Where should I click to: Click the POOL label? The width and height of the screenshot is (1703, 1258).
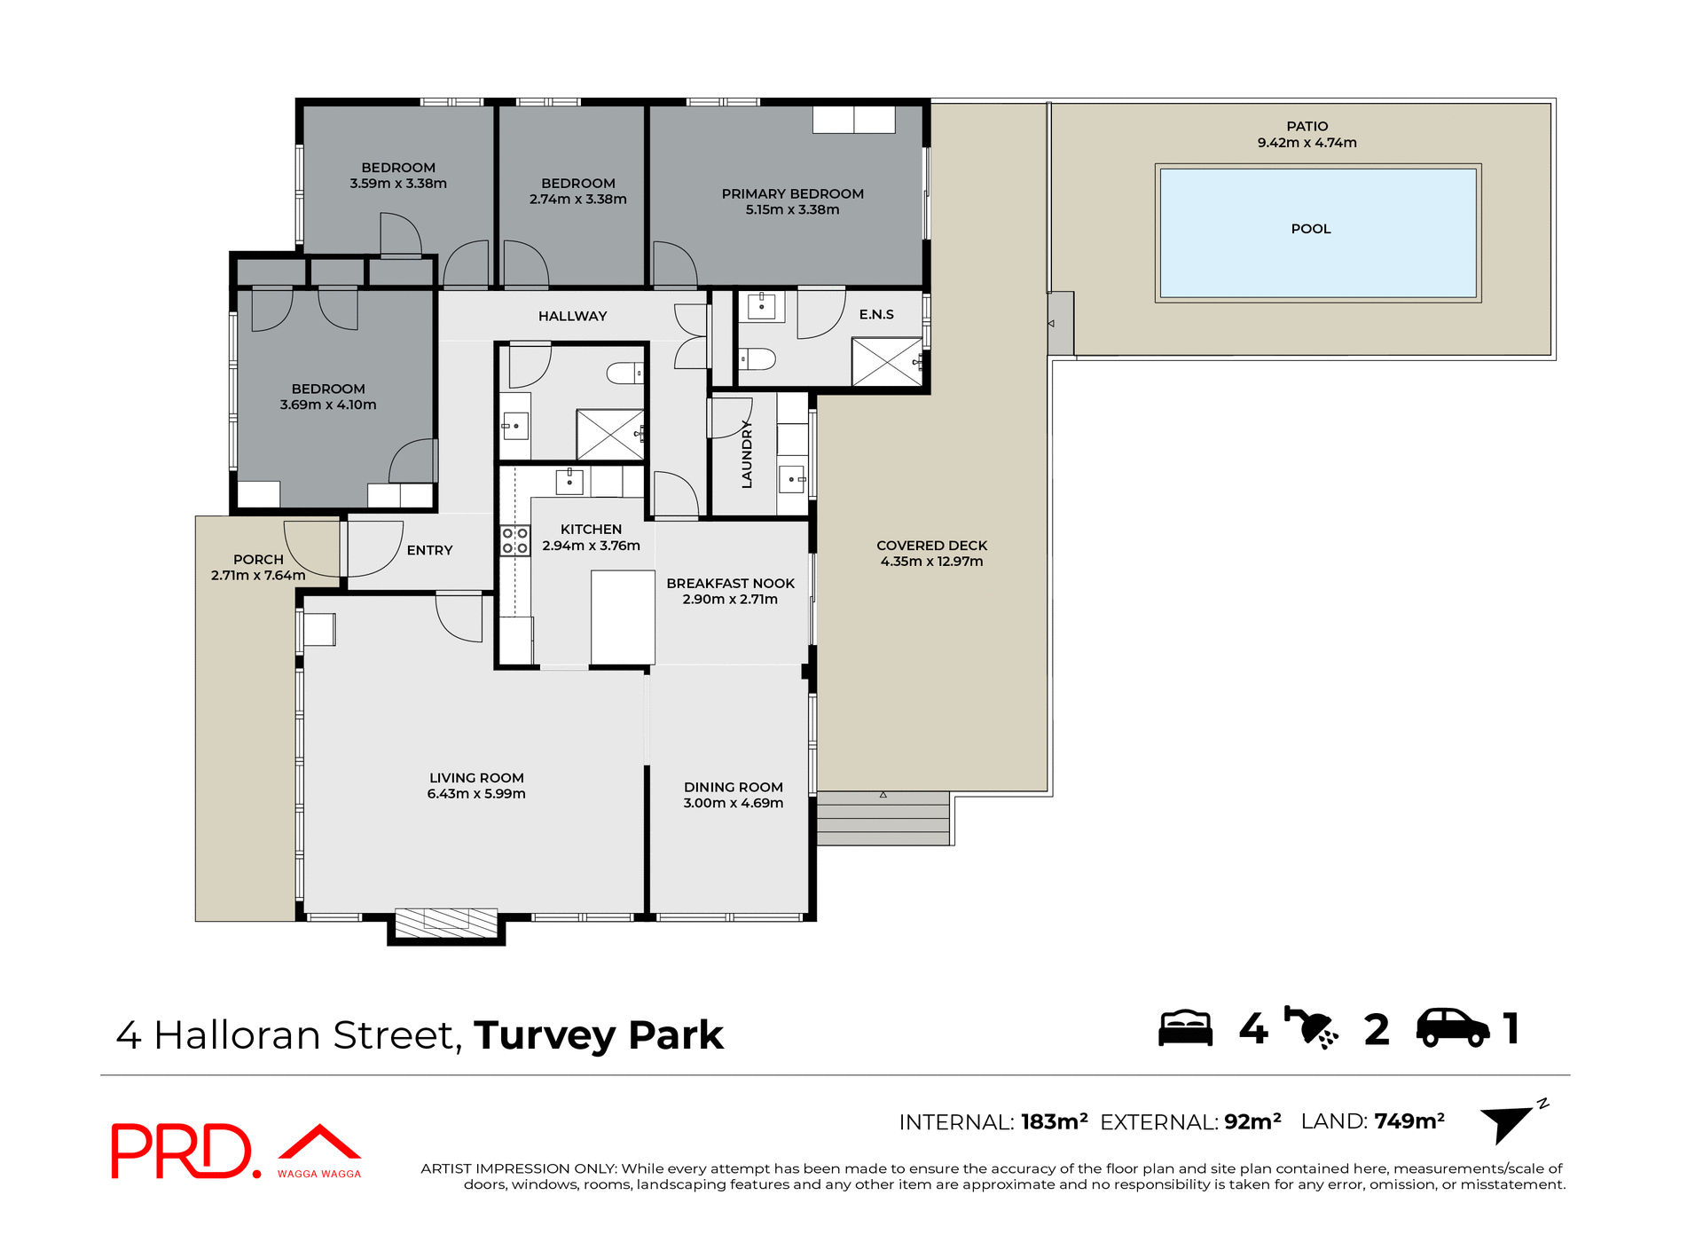point(1310,229)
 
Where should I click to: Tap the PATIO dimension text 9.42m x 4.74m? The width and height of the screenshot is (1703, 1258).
point(1307,143)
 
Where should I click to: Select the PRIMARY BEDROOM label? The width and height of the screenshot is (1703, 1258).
point(792,193)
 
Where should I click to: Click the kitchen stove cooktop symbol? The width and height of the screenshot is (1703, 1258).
point(514,540)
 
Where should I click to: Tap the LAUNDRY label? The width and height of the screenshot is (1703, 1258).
point(747,454)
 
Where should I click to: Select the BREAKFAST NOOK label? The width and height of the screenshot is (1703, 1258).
point(730,583)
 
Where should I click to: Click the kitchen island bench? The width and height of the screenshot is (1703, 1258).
point(623,617)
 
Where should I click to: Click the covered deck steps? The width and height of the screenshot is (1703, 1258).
point(883,818)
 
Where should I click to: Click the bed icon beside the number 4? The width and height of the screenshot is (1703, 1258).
point(1185,1028)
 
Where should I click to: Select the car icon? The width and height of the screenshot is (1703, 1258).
point(1452,1028)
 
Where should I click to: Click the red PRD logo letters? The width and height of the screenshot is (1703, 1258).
point(182,1151)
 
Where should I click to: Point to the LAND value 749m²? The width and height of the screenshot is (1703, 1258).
point(1409,1121)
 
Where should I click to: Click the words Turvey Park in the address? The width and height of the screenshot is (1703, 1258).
point(599,1035)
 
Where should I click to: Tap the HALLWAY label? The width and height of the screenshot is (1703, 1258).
point(572,316)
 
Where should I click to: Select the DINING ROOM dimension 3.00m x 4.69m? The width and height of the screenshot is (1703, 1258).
point(733,803)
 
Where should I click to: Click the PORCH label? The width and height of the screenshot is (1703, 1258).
point(258,560)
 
